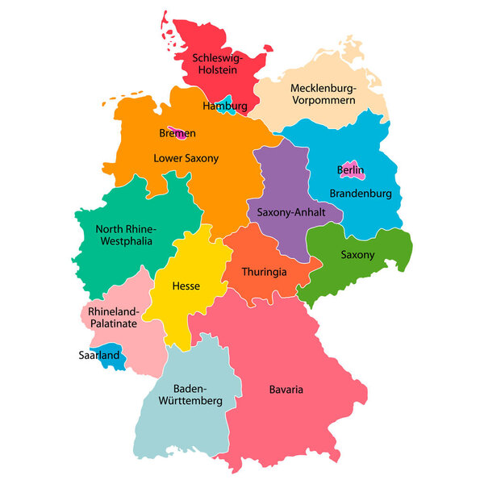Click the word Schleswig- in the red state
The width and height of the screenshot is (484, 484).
click(219, 59)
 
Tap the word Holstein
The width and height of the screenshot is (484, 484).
click(219, 71)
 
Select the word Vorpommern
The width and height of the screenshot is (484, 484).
click(323, 101)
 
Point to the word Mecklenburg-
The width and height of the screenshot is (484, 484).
click(323, 88)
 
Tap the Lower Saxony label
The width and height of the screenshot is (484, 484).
click(186, 158)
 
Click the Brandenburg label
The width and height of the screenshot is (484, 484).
click(361, 194)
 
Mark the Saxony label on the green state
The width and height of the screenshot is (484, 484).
click(357, 255)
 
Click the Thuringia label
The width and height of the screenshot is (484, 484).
click(264, 272)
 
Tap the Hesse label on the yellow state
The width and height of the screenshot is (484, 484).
click(186, 286)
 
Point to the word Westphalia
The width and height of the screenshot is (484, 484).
click(125, 241)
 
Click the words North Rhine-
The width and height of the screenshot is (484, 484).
click(125, 228)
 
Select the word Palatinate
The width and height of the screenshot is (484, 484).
click(114, 323)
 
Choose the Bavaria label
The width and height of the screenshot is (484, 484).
click(286, 390)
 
